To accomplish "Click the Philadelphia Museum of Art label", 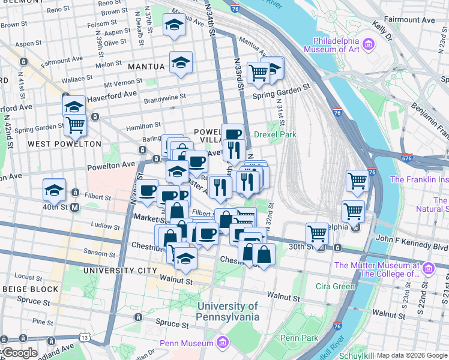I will pyautogui.click(x=336, y=49).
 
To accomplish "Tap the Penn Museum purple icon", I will pyautogui.click(x=223, y=343).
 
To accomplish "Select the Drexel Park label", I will pyautogui.click(x=275, y=135).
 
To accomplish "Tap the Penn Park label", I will pyautogui.click(x=299, y=338).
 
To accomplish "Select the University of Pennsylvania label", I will pyautogui.click(x=228, y=311).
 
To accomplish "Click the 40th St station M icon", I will pyautogui.click(x=75, y=208).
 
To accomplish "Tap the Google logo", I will pyautogui.click(x=19, y=353).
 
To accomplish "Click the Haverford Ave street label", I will pyautogui.click(x=112, y=95).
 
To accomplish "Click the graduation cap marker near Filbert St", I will pyautogui.click(x=55, y=190).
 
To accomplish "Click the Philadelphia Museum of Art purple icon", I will pyautogui.click(x=369, y=44).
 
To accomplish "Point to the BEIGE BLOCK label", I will pyautogui.click(x=29, y=289).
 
